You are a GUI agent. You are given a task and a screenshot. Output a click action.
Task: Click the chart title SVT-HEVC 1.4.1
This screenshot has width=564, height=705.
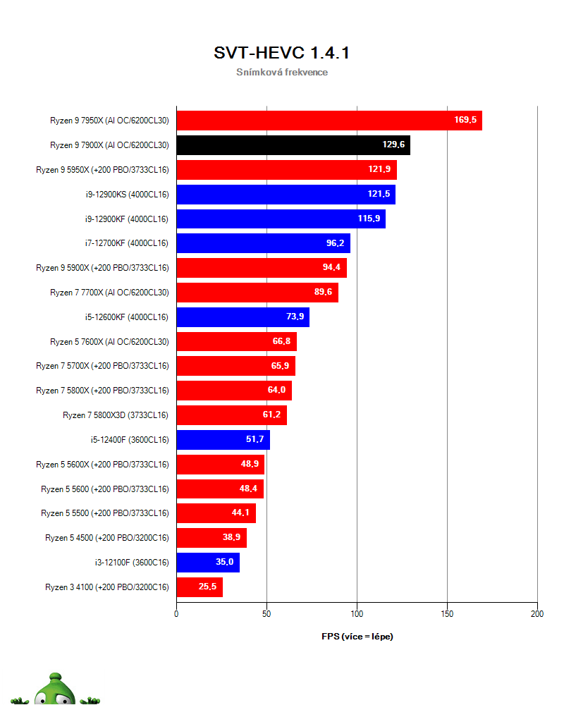pyautogui.click(x=281, y=53)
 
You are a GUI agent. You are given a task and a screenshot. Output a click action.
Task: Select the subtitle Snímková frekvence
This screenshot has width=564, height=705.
pyautogui.click(x=282, y=72)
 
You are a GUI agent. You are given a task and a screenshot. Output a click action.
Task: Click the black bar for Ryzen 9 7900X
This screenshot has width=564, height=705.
pyautogui.click(x=293, y=145)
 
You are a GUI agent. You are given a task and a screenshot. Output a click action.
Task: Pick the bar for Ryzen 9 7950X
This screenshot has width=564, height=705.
pyautogui.click(x=329, y=121)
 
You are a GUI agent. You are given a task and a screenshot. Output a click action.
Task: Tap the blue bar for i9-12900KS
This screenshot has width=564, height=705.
pyautogui.click(x=286, y=195)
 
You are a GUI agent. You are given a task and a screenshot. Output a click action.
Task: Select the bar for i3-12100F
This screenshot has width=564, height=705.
pyautogui.click(x=208, y=563)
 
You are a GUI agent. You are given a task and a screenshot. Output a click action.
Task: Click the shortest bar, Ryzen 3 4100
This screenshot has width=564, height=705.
pyautogui.click(x=200, y=587)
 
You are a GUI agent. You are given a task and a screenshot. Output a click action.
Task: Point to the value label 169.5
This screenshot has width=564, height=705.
pyautogui.click(x=465, y=120)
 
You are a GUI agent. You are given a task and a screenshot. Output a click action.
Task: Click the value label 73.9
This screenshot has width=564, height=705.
pyautogui.click(x=295, y=317)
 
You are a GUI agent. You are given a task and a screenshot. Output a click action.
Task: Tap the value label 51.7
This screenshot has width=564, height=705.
pyautogui.click(x=255, y=439)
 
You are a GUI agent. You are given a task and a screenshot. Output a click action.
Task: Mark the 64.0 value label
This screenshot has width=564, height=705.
pyautogui.click(x=276, y=390)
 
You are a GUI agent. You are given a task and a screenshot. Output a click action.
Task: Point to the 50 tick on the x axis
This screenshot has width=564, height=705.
pyautogui.click(x=266, y=614)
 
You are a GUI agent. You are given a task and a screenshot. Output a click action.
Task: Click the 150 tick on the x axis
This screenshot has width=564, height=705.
pyautogui.click(x=447, y=614)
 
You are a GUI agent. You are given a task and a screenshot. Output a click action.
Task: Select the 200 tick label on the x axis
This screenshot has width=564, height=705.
pyautogui.click(x=537, y=614)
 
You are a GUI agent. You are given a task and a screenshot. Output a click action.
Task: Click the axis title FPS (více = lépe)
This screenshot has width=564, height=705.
pyautogui.click(x=357, y=637)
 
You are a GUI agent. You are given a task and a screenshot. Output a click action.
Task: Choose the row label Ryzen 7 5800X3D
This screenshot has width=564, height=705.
pyautogui.click(x=116, y=415)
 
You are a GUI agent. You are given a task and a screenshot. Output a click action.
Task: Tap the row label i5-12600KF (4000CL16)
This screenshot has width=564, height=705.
pyautogui.click(x=127, y=317)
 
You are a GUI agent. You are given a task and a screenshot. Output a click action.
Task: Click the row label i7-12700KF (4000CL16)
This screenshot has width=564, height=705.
pyautogui.click(x=127, y=243)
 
